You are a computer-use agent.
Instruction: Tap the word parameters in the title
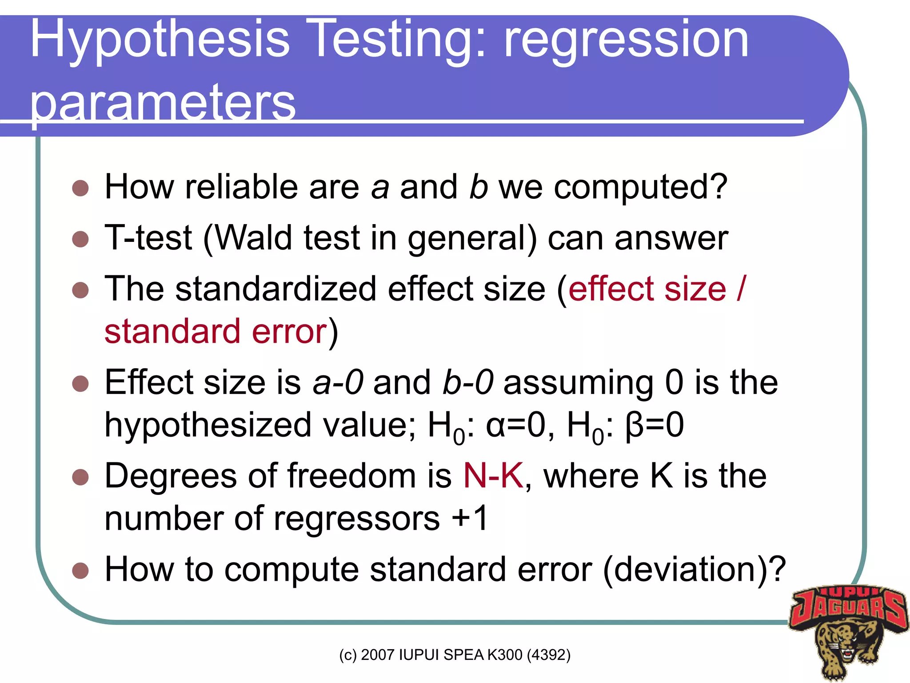(x=163, y=103)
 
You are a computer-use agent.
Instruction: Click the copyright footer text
(x=455, y=655)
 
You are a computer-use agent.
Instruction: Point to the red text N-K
(x=493, y=476)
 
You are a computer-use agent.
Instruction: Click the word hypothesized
(x=208, y=425)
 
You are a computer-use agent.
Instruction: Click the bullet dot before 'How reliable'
(x=80, y=188)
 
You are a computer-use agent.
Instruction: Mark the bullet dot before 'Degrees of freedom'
(x=80, y=478)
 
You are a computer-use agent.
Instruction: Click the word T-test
(x=148, y=238)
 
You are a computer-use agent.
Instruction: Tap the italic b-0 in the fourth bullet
(x=468, y=382)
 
